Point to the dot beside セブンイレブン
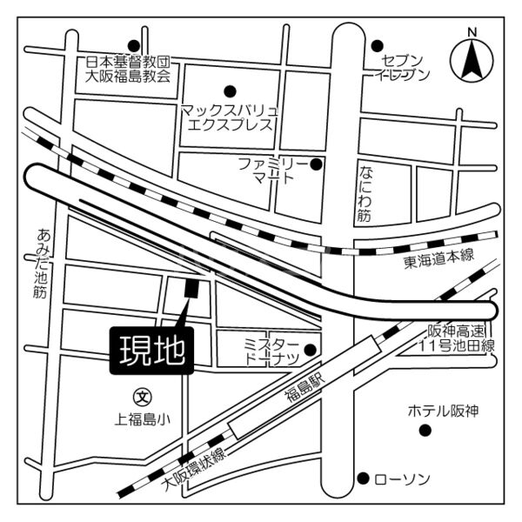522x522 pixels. point(378,45)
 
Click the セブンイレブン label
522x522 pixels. point(402,67)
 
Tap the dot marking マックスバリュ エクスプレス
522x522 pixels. point(230,90)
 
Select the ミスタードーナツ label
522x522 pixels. point(271,351)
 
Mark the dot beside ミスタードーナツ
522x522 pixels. point(311,350)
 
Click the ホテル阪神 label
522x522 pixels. point(443,411)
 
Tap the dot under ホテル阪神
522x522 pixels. point(425,431)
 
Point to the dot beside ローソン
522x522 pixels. point(363,478)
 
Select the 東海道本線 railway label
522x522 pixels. point(438,257)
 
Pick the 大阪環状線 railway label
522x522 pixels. point(193,470)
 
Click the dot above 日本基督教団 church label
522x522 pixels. point(133,45)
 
